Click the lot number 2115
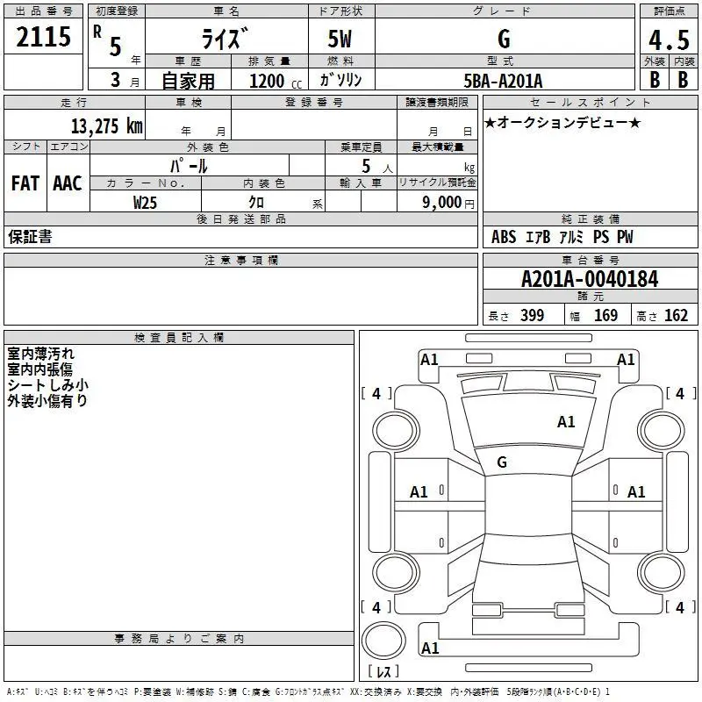(x=44, y=38)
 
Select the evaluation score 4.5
(x=668, y=40)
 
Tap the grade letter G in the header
(x=504, y=39)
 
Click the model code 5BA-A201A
(x=503, y=81)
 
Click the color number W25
(x=146, y=202)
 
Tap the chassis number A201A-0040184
(x=590, y=279)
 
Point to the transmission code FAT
(x=25, y=183)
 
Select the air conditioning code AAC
(x=67, y=183)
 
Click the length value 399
(x=532, y=316)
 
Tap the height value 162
(x=676, y=316)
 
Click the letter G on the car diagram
(x=502, y=462)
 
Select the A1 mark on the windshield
(x=566, y=422)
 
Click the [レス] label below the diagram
(x=383, y=671)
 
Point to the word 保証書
(x=30, y=237)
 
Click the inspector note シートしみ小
(x=47, y=384)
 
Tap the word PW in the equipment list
(x=624, y=237)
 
